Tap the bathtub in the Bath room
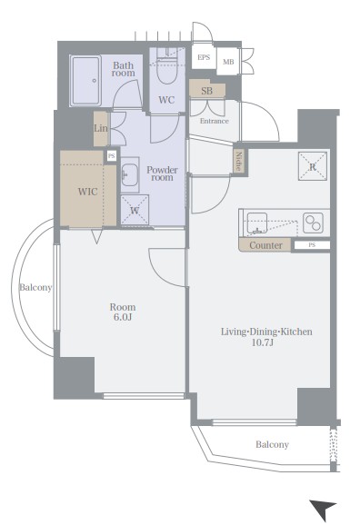(86, 81)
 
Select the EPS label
(204, 57)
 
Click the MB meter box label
(228, 62)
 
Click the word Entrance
(215, 121)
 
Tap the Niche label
(239, 162)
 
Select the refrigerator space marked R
(313, 166)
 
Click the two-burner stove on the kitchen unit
(313, 223)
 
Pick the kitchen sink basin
(257, 223)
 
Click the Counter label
(265, 245)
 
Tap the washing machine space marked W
(135, 210)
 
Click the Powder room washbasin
(129, 174)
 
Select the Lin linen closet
(101, 129)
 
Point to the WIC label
(88, 192)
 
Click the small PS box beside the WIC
(111, 156)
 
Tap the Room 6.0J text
(123, 312)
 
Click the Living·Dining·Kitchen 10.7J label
(266, 337)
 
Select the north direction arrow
(323, 510)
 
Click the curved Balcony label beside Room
(35, 287)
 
